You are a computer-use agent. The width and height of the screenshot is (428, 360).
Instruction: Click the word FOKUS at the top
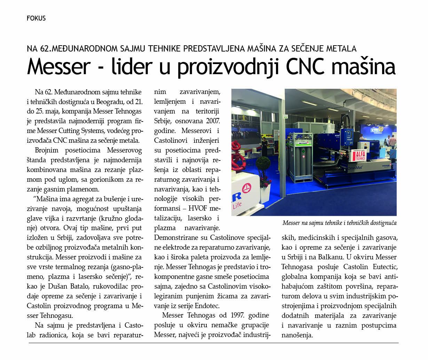pyautogui.click(x=36, y=18)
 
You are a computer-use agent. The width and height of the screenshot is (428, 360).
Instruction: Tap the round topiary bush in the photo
pyautogui.click(x=265, y=164)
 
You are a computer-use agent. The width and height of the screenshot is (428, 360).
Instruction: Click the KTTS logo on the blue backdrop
pyautogui.click(x=374, y=128)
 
